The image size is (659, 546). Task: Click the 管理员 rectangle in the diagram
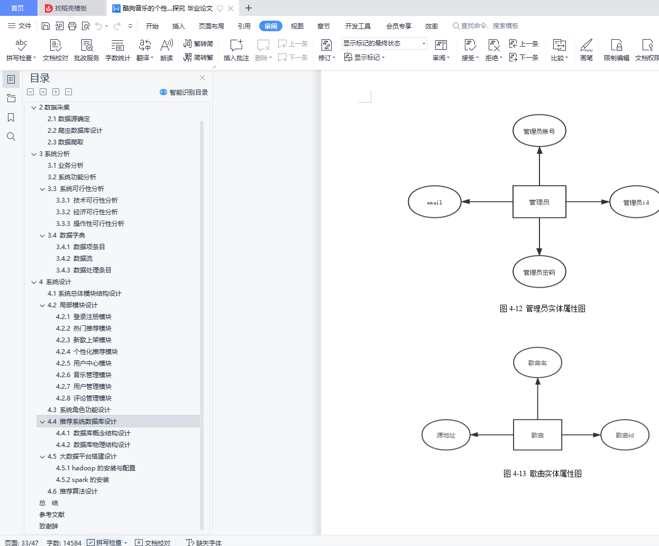[539, 202]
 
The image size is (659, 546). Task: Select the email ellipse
[435, 202]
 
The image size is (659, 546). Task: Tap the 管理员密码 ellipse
[539, 272]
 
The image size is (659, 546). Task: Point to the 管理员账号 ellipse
[539, 131]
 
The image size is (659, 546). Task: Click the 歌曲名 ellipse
[537, 362]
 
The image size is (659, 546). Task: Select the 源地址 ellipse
[446, 435]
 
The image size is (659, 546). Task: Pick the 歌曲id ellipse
[625, 435]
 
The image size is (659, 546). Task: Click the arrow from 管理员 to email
[487, 202]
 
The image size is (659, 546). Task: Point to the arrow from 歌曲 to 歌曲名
[538, 399]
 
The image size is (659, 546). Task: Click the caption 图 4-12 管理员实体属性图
[543, 308]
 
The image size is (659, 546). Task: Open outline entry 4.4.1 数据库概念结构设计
[93, 433]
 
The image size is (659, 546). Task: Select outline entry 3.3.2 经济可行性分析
[87, 212]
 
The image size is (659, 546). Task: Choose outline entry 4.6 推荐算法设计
[72, 491]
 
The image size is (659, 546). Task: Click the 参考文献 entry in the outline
[52, 514]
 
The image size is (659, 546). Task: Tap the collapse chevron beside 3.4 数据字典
[42, 235]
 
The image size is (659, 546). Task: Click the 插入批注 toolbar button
[236, 50]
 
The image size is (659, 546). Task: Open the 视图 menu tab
[297, 26]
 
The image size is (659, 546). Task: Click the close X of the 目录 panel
[203, 78]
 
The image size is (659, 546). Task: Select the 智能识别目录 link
[184, 92]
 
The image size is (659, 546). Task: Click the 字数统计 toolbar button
[117, 50]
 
